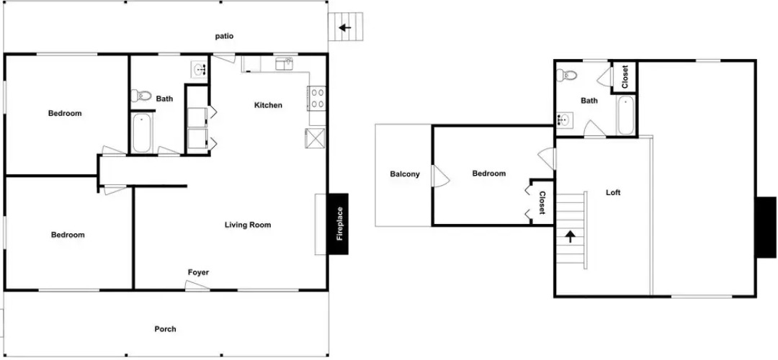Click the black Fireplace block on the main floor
click(x=339, y=224)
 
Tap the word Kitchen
click(x=268, y=105)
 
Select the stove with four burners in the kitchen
click(x=316, y=98)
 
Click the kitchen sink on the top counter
click(x=284, y=63)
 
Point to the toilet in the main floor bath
click(x=141, y=95)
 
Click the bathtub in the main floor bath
click(x=141, y=133)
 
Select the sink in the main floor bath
click(x=200, y=69)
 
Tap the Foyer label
click(x=198, y=272)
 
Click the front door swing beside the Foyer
click(x=197, y=284)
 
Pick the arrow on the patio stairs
click(x=345, y=28)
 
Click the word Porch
click(x=165, y=329)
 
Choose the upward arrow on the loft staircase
click(x=571, y=236)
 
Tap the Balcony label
click(x=405, y=174)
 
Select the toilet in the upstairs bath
click(x=566, y=76)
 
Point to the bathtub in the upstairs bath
click(x=626, y=115)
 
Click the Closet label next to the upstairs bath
click(x=625, y=77)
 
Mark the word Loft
click(x=613, y=192)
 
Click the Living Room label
click(x=248, y=225)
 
